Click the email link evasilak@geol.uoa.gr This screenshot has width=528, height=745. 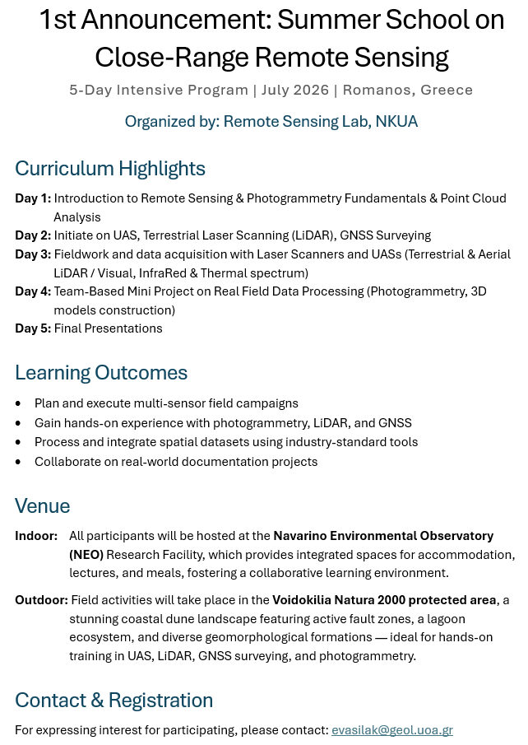coord(391,730)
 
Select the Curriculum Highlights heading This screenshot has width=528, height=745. coord(110,169)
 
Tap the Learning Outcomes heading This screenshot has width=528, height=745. coord(101,373)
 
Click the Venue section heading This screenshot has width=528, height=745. coord(43,505)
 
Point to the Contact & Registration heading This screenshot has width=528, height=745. coord(113,701)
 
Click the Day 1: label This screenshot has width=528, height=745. coord(33,198)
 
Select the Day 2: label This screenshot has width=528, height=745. coord(33,235)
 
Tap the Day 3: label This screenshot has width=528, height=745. coord(33,254)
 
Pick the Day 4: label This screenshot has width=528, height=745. coord(33,291)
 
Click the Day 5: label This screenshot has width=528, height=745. coord(33,328)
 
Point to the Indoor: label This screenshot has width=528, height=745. coord(36,536)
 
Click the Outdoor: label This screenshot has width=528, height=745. coord(41,600)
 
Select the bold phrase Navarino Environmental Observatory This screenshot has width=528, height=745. coord(383,536)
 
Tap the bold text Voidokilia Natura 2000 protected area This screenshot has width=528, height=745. coord(384,600)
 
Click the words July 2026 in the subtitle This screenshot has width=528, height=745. coord(295,90)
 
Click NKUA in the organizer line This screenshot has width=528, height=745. coord(396,122)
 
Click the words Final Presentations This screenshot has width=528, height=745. coord(109,328)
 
